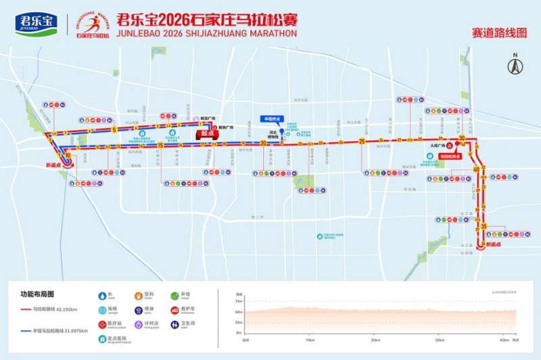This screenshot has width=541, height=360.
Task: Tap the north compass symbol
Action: (x=516, y=65)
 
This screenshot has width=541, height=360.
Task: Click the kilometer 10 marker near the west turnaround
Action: (x=68, y=155)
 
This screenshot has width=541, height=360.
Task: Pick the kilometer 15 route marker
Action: (x=160, y=145)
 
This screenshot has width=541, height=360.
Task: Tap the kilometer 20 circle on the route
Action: (x=263, y=143)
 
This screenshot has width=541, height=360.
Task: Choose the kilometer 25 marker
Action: (x=362, y=141)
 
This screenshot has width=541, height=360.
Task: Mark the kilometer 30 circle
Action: (x=461, y=139)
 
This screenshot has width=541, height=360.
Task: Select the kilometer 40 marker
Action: (x=477, y=169)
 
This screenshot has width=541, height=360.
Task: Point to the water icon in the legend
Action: (x=103, y=295)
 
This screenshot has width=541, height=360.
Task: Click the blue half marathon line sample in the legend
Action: (x=32, y=330)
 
